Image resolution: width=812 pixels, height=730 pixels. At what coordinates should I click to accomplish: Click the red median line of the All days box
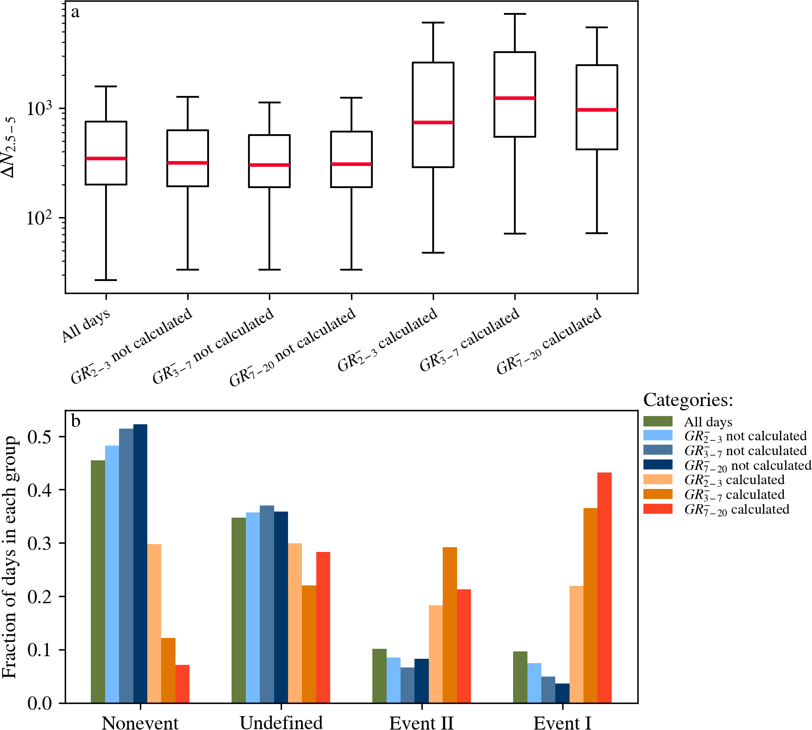tap(106, 159)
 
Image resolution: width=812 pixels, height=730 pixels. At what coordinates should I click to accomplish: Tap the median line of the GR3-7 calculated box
tap(515, 98)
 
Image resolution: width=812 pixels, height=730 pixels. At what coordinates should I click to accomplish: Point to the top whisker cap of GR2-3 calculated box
tap(433, 23)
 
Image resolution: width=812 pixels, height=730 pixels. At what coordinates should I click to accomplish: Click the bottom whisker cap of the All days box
tap(106, 280)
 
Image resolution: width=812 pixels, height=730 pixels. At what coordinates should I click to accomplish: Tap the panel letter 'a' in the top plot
tap(76, 13)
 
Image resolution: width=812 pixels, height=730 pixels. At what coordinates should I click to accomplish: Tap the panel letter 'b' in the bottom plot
tap(76, 421)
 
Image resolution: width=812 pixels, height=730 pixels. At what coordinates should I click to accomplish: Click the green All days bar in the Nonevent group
tap(98, 581)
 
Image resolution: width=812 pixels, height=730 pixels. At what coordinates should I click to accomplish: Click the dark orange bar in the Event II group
tap(450, 625)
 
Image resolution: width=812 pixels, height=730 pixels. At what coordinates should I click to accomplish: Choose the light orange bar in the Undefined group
tap(295, 623)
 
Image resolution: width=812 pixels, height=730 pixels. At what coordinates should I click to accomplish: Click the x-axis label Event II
tap(421, 723)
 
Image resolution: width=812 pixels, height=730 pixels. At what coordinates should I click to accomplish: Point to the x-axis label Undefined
tap(281, 723)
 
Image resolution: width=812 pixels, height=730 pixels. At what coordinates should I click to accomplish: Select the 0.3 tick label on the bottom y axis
tap(40, 543)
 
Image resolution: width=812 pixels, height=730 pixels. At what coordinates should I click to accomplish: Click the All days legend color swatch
tap(658, 421)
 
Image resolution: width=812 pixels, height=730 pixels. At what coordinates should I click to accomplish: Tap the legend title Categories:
tap(688, 400)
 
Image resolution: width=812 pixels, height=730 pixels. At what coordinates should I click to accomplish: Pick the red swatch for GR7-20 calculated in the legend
tap(658, 509)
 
